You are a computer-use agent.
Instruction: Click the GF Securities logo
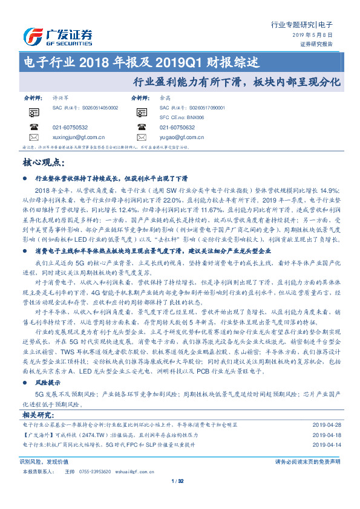click(57, 36)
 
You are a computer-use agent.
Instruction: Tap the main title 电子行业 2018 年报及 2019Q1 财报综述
click(140, 62)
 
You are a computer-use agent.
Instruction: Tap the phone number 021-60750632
click(177, 128)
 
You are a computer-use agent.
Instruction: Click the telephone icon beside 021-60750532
click(33, 128)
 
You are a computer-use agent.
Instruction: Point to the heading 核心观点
click(43, 162)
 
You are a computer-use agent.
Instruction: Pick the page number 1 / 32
click(178, 481)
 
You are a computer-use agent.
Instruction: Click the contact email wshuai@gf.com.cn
click(137, 471)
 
